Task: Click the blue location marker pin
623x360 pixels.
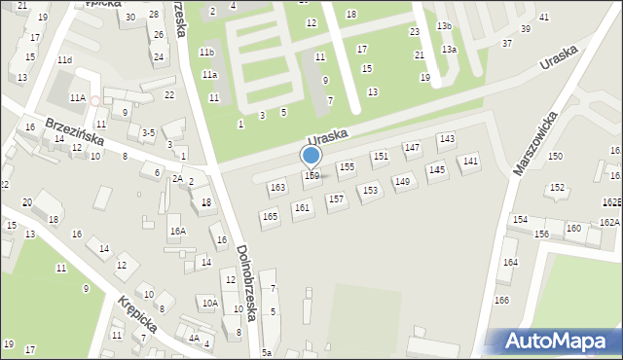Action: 311,156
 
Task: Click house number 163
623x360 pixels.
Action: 277,187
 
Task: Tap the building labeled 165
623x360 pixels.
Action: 270,216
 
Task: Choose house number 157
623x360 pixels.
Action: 336,199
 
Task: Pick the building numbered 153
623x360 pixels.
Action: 370,191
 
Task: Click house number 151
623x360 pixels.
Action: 381,156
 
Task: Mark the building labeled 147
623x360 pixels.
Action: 412,147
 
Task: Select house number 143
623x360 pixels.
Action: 446,139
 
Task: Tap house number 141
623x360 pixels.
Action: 470,162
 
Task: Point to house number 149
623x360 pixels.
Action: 402,181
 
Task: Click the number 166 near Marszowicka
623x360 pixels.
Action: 501,300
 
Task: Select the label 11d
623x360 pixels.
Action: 64,60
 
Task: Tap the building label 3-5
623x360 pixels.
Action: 148,132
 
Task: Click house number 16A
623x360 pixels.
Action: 177,232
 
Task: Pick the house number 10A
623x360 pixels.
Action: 209,304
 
